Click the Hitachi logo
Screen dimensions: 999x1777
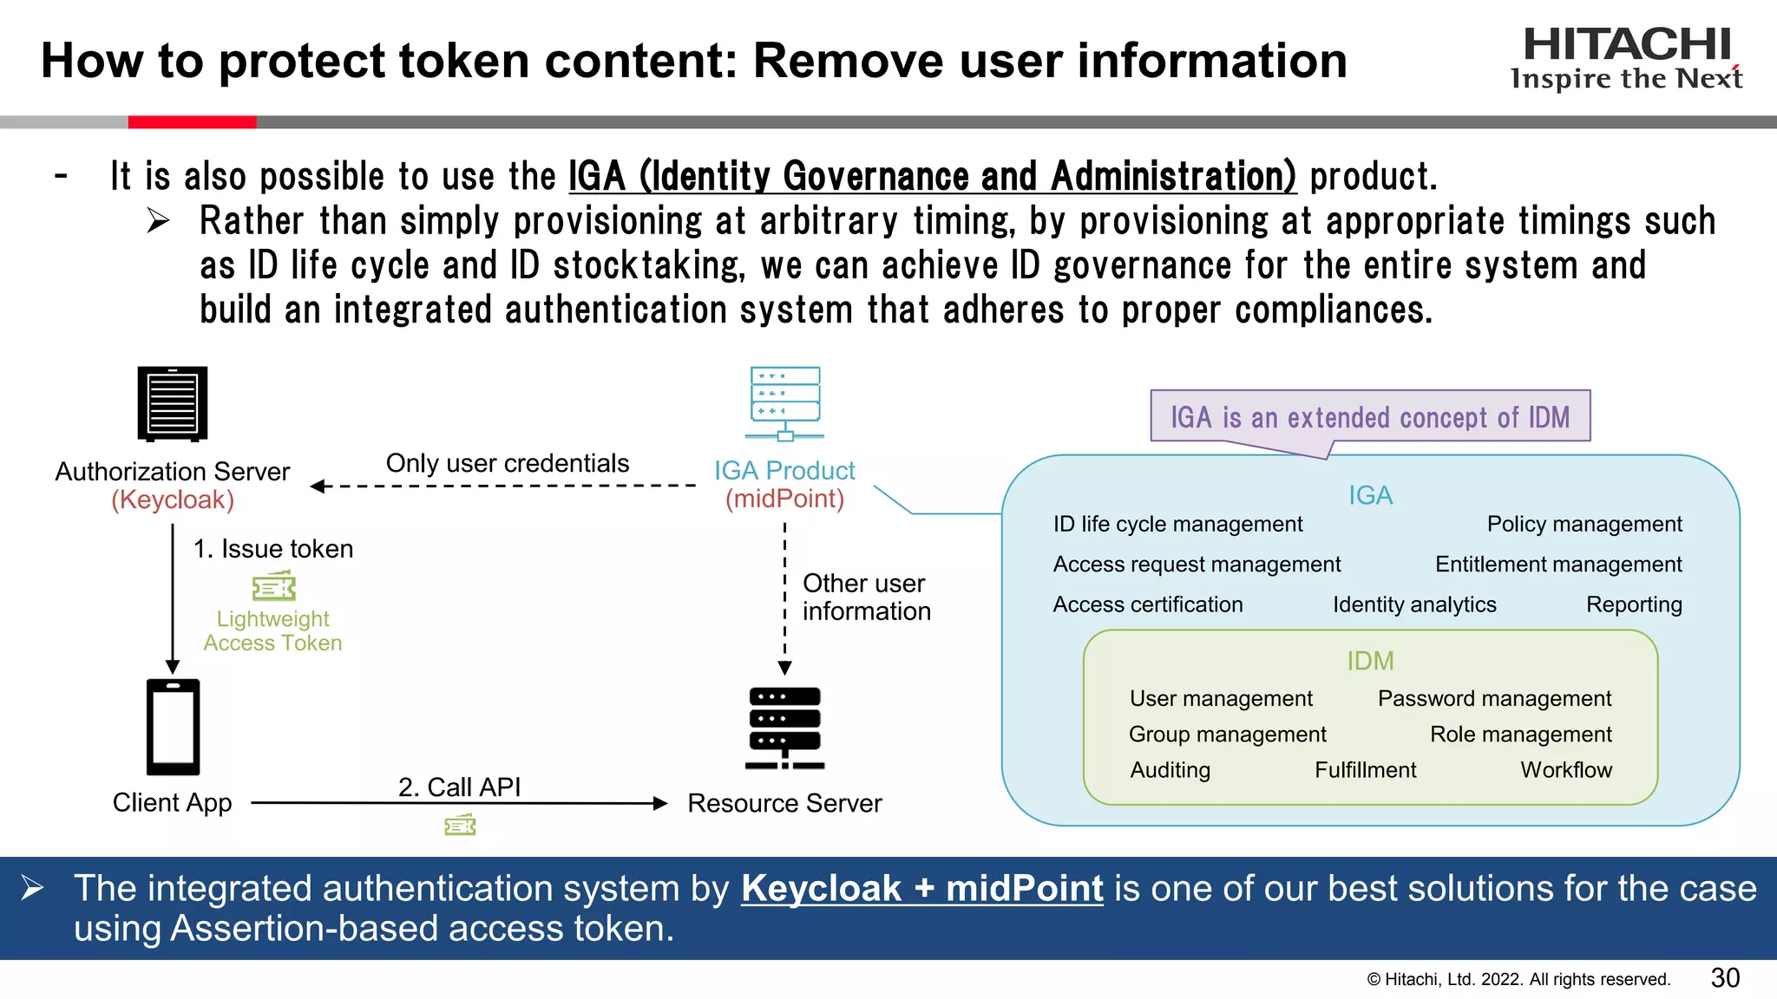1626,57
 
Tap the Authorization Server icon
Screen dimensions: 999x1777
173,404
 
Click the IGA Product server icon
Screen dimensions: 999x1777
785,404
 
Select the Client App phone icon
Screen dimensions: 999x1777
173,727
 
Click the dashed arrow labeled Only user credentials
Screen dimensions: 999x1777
503,486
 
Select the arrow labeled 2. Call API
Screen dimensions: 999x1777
460,803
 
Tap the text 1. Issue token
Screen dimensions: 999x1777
272,549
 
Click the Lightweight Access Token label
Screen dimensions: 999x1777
272,630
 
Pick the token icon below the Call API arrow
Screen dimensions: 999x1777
460,825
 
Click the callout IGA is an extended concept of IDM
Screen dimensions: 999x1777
1370,417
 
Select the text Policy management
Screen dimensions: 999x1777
1584,524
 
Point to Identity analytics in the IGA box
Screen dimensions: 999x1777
1414,604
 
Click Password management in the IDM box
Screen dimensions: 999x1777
1494,698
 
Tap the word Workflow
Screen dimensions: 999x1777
1565,770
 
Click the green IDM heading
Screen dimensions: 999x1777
1370,661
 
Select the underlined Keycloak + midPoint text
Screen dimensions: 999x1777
921,889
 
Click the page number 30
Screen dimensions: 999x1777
1725,978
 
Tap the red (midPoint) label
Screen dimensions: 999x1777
784,499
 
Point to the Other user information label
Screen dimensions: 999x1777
865,597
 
